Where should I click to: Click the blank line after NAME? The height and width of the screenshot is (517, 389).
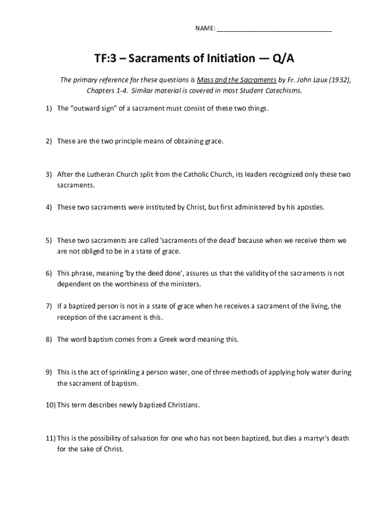click(x=274, y=28)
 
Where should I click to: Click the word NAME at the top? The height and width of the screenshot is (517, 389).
click(x=205, y=28)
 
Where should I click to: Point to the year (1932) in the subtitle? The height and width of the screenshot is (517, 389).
click(x=339, y=80)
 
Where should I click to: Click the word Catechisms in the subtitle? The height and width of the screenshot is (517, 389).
click(x=284, y=91)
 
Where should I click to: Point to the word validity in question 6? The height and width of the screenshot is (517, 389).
click(x=260, y=273)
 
